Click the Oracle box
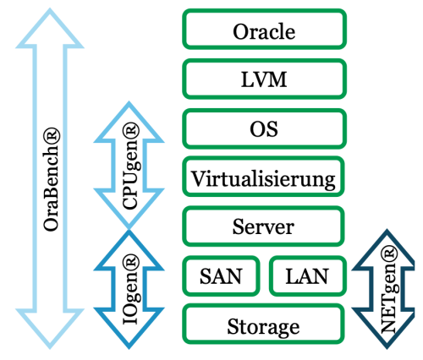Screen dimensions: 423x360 click(x=264, y=30)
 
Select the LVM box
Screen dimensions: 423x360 click(x=264, y=79)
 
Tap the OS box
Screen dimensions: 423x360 click(x=264, y=128)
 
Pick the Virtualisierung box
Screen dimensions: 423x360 click(x=263, y=177)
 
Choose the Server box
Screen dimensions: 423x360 click(x=263, y=226)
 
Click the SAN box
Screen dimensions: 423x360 click(x=221, y=276)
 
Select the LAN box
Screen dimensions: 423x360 click(x=308, y=276)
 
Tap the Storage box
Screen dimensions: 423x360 click(x=263, y=324)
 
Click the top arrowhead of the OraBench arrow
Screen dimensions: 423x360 click(x=50, y=28)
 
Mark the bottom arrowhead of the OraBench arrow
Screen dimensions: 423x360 click(x=50, y=329)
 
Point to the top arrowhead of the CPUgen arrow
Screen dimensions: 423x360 click(x=129, y=122)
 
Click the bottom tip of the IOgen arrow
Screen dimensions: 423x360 click(x=129, y=349)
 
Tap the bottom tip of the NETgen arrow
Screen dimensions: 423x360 click(x=387, y=349)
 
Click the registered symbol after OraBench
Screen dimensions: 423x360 click(x=52, y=136)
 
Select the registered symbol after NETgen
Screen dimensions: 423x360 click(x=389, y=254)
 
